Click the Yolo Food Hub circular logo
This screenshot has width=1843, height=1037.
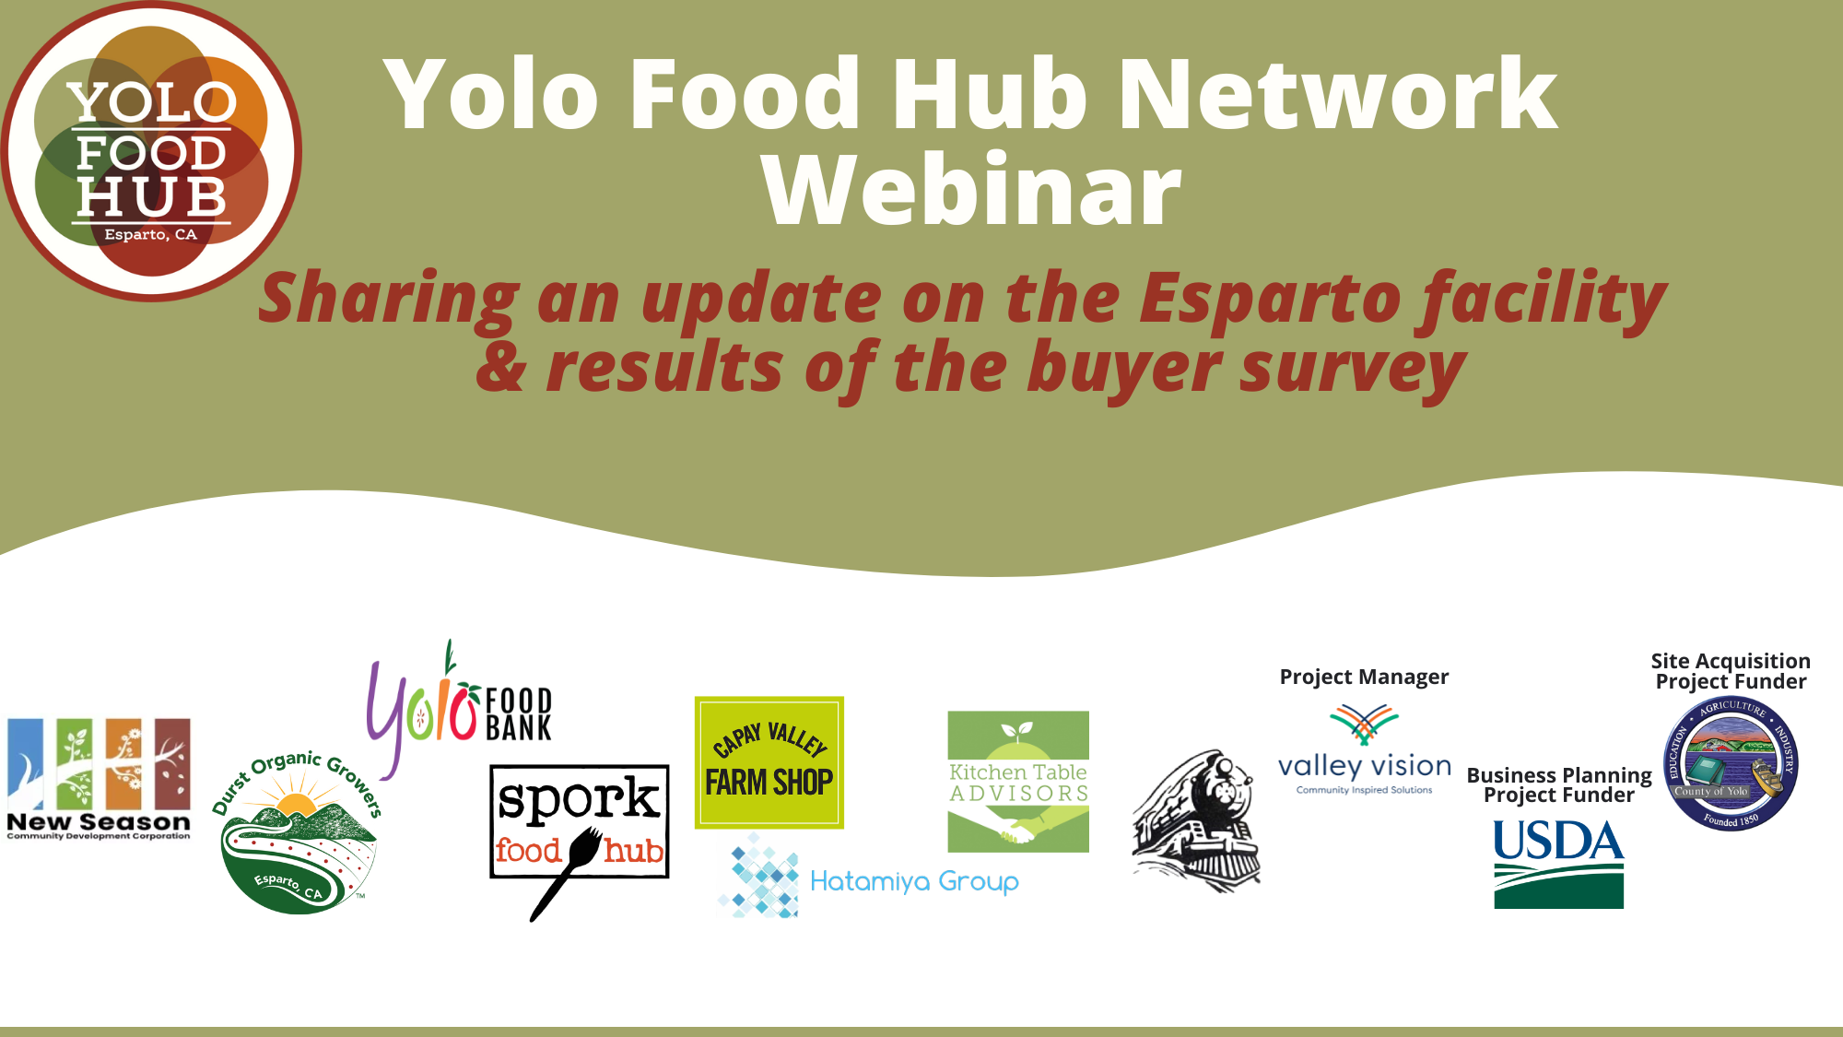click(151, 151)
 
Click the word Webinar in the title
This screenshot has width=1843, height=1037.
click(971, 191)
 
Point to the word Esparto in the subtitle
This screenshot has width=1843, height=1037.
click(1270, 299)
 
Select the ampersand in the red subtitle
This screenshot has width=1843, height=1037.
click(501, 367)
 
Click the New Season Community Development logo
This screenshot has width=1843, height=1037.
click(99, 779)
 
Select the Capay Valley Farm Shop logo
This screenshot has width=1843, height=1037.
click(769, 762)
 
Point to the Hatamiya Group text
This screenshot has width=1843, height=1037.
click(914, 882)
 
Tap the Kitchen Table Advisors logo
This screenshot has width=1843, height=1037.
click(1018, 782)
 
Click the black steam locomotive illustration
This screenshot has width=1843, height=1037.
click(1196, 820)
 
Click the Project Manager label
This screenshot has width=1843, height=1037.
click(1364, 678)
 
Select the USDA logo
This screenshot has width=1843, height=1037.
click(1558, 864)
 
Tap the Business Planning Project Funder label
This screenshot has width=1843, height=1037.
click(1559, 785)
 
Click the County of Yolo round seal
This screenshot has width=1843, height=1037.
click(1731, 763)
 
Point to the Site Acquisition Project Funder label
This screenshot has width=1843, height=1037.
click(1731, 671)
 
